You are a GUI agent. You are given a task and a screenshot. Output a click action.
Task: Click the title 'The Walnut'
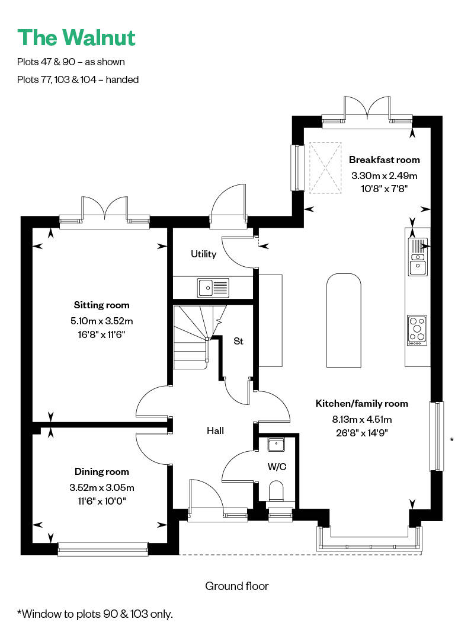coord(76,38)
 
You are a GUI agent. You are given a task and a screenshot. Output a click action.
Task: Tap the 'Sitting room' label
coord(101,305)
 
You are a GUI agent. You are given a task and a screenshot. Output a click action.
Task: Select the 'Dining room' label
coord(101,471)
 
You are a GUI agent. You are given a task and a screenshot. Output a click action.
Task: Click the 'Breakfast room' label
coord(384,159)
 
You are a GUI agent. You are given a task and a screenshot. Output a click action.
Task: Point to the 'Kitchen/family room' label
coord(362,403)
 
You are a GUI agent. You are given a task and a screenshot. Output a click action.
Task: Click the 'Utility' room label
coord(204,254)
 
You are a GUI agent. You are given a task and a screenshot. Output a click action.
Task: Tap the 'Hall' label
coord(215,430)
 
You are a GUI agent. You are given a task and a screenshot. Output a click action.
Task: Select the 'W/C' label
coord(277,467)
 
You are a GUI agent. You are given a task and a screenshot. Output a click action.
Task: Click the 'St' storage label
coord(238,342)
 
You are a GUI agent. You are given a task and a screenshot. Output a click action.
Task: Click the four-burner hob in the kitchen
coord(417,330)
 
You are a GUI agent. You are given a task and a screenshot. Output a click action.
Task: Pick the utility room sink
coord(213,288)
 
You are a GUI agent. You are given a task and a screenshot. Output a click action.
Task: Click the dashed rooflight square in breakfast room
coord(325,168)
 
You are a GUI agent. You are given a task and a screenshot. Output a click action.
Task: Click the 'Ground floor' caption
coord(237,586)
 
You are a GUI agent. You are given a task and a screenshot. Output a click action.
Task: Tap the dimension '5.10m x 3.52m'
coord(101,321)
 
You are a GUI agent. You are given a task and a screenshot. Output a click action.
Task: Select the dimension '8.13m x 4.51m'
coord(362,420)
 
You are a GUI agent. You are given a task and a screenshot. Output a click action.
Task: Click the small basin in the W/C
coord(276,444)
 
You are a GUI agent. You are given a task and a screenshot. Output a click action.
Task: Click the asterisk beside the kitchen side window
coord(452,440)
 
